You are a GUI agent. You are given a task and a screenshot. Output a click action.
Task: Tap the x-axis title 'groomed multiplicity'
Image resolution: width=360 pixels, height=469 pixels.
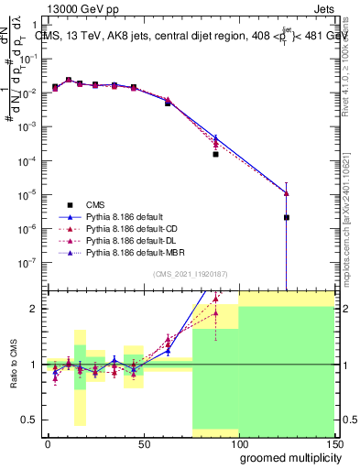287,457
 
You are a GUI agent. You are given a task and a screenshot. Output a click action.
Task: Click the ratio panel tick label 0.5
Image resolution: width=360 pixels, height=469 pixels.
29,420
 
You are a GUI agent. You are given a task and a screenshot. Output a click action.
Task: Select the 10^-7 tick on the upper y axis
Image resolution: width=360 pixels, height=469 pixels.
27,262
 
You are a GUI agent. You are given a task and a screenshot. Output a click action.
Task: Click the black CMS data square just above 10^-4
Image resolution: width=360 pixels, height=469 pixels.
215,154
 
